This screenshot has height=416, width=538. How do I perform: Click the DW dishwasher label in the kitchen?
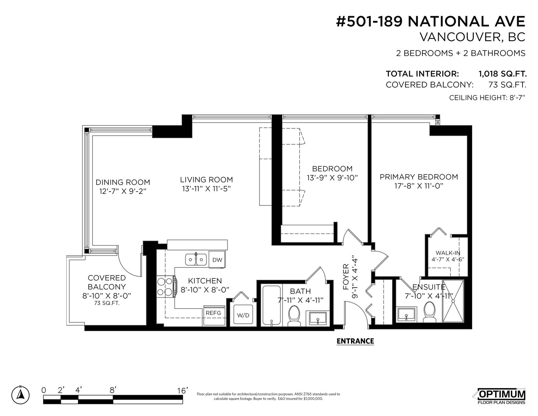217,260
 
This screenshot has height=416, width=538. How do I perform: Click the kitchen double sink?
196,260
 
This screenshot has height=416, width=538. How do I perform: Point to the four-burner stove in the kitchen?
166,287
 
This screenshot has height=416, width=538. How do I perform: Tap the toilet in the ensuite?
429,312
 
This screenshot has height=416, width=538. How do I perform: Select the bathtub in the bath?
272,305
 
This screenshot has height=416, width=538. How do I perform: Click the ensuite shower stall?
453,301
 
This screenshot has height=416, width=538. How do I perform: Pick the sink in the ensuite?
407,314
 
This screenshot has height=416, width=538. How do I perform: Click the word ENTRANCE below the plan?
355,341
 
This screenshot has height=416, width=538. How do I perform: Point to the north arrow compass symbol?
21,394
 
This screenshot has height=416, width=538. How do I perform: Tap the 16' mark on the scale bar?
183,391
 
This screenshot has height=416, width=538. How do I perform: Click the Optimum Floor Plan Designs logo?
502,396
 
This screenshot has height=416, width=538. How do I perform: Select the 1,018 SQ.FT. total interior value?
503,74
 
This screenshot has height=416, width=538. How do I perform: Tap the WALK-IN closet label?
448,253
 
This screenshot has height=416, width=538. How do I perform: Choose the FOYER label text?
346,277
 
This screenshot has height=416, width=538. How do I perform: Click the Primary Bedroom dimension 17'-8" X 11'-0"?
419,186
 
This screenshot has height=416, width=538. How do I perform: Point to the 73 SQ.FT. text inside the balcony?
107,303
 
